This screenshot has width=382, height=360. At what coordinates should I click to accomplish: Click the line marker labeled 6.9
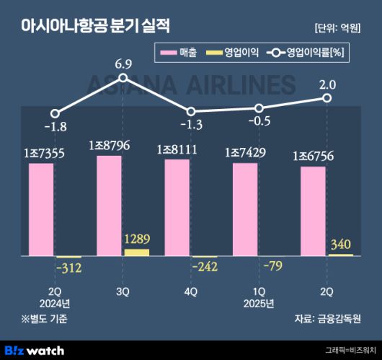pyautogui.click(x=123, y=78)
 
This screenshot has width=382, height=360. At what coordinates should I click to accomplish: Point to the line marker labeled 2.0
pyautogui.click(x=327, y=98)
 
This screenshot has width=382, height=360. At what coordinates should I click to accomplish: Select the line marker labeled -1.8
pyautogui.click(x=55, y=113)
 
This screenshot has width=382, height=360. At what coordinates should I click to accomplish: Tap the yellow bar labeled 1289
pyautogui.click(x=136, y=252)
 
